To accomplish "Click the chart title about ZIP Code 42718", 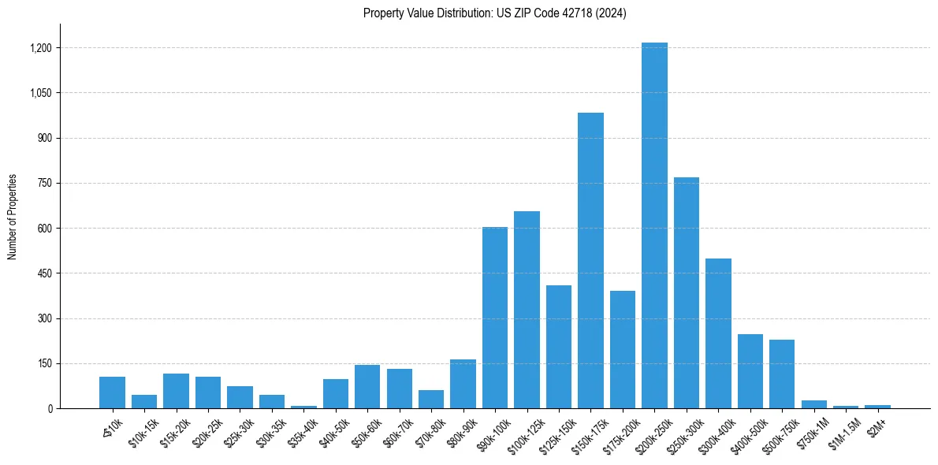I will point(495,13).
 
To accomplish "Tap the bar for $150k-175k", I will point(590,260).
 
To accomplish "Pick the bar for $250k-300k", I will point(686,292).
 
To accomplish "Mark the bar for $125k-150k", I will point(559,347).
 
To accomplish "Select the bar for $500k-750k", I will point(782,374).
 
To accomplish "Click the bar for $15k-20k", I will point(176,391).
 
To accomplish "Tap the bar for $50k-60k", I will point(367,386).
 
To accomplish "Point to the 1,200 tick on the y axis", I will point(40,48).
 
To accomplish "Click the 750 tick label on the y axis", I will point(44,184).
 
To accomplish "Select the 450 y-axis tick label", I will point(44,273).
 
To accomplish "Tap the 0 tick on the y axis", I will point(49,409).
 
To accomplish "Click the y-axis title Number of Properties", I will point(13,217).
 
